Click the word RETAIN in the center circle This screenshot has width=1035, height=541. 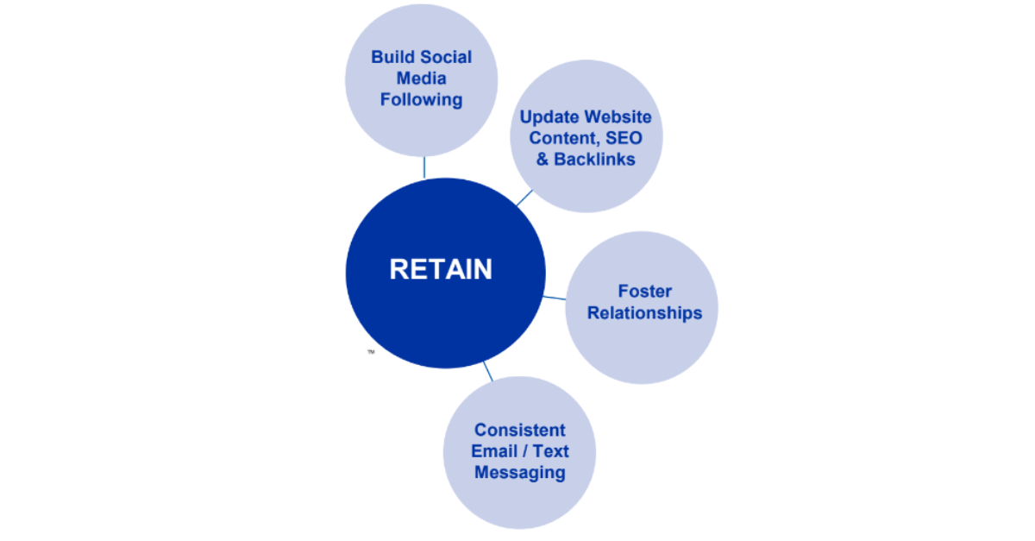point(441,270)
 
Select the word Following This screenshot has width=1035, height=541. point(421,100)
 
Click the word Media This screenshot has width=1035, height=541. point(421,79)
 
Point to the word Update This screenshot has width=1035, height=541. point(549,116)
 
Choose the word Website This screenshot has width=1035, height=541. point(618,116)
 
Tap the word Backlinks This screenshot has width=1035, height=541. point(594,160)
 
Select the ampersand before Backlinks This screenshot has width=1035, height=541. point(543,160)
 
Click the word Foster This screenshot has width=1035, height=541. point(644,292)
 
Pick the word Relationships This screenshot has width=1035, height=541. point(644,313)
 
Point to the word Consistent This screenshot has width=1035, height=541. point(519,430)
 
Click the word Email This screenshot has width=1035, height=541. point(495,451)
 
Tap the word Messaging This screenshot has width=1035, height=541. point(519,473)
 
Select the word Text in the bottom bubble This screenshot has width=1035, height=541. point(550,451)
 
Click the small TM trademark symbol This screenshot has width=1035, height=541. point(371,352)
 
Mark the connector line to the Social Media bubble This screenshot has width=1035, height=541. point(423,167)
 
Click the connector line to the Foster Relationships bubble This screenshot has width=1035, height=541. point(555,299)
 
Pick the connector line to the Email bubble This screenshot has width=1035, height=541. point(488,372)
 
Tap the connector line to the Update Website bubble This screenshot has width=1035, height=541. point(524,198)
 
